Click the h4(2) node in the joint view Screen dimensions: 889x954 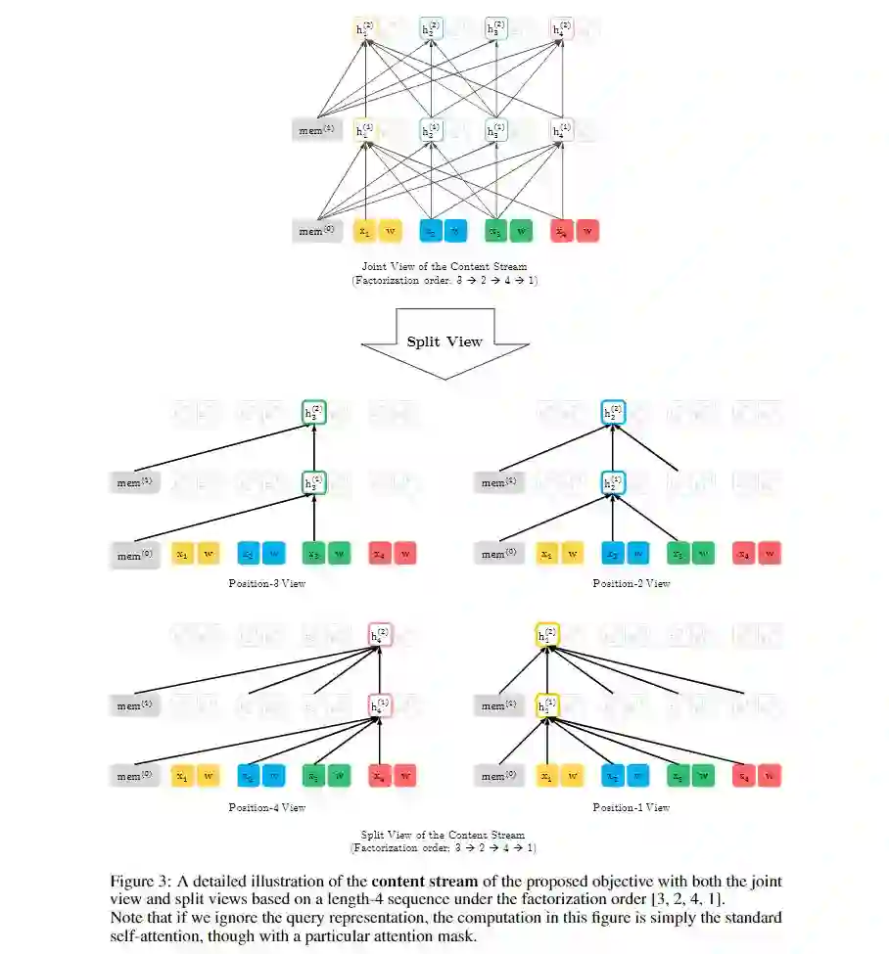[x=561, y=29]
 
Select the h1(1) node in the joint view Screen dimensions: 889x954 [x=364, y=130]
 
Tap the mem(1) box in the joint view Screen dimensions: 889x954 [x=316, y=130]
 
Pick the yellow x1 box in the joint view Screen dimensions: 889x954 [x=364, y=231]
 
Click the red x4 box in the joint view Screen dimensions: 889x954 [x=561, y=231]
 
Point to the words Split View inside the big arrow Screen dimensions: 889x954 [x=444, y=341]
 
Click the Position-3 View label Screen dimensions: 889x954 [x=267, y=583]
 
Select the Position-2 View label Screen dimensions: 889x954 [x=632, y=583]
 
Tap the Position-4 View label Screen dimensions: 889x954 [x=267, y=807]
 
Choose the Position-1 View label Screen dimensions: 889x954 [x=632, y=807]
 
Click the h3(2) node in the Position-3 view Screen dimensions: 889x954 [x=313, y=413]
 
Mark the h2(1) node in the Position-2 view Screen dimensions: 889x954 [x=613, y=482]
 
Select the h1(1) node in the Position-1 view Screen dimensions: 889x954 [x=547, y=705]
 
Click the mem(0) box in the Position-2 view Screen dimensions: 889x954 [x=499, y=555]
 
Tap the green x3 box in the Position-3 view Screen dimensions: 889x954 [x=313, y=555]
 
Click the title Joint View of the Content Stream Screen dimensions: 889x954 [x=444, y=265]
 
